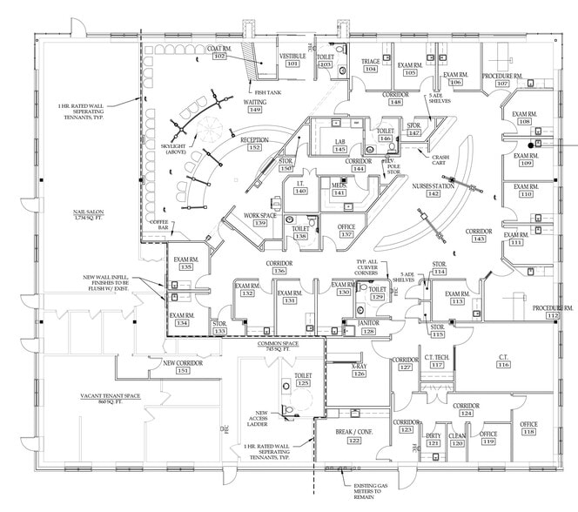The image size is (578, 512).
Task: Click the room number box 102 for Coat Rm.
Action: tap(218, 57)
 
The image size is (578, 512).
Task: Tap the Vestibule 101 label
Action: tap(292, 60)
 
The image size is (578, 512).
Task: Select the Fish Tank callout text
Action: tap(265, 92)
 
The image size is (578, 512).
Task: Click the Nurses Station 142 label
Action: tap(433, 189)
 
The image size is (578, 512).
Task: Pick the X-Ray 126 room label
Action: tap(359, 370)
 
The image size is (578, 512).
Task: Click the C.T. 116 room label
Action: tap(503, 360)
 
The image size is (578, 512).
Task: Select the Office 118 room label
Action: tap(528, 428)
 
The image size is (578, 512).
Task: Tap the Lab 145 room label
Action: tap(340, 145)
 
